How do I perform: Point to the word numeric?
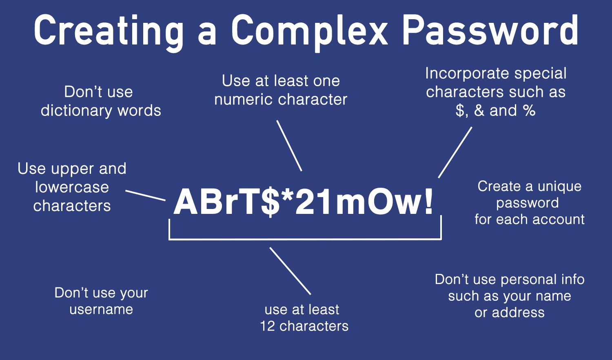coord(239,99)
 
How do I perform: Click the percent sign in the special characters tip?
coord(529,110)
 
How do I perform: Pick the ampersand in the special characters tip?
coord(479,110)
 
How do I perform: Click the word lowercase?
coord(72,187)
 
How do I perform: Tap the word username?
coord(101,309)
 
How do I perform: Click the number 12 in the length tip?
coord(268,326)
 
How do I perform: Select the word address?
coord(518,313)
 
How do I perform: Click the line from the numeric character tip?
coord(289,145)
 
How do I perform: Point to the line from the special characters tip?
coord(455,152)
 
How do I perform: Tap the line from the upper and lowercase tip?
coord(145,195)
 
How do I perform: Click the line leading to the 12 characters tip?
coord(290,271)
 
